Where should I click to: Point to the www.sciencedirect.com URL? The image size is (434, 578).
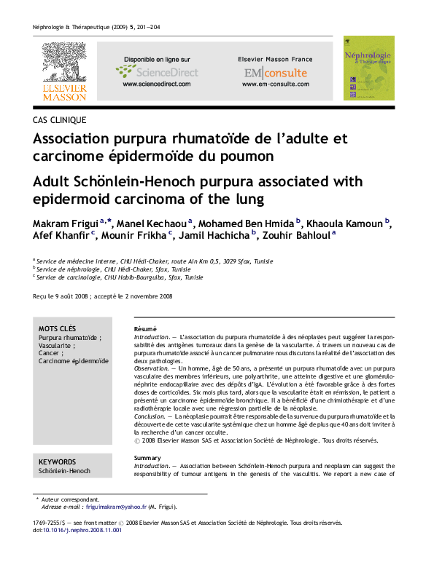[x=156, y=84]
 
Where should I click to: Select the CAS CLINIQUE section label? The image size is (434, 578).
[x=60, y=120]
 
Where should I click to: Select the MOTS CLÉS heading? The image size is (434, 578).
[x=57, y=329]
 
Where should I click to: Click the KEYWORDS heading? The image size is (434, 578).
[x=57, y=462]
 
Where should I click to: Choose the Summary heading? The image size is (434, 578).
[x=147, y=457]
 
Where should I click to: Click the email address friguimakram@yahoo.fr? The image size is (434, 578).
[x=116, y=507]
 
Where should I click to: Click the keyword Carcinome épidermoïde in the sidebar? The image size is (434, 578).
[x=74, y=361]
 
